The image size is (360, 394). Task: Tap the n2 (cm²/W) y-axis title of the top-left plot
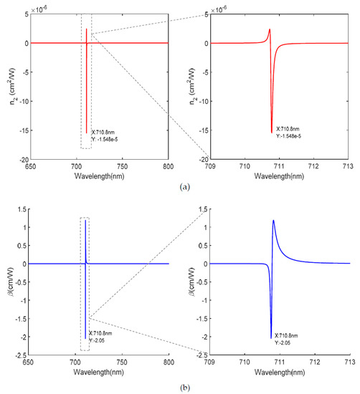(x=8, y=86)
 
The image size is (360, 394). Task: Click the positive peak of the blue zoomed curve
(x=273, y=221)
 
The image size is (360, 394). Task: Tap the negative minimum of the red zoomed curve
(x=272, y=132)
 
